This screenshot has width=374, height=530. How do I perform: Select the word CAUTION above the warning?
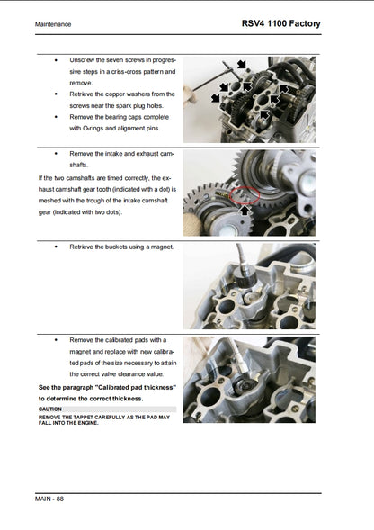coord(51,409)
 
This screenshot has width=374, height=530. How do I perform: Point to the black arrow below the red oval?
coord(245,211)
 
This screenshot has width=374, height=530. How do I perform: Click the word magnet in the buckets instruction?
coord(160,246)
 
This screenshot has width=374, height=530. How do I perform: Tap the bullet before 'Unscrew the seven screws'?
coord(56,59)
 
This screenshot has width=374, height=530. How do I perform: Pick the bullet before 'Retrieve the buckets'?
coord(56,246)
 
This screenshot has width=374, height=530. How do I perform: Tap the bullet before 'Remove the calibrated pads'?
coord(56,339)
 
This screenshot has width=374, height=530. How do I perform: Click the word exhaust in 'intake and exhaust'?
coord(151,154)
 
